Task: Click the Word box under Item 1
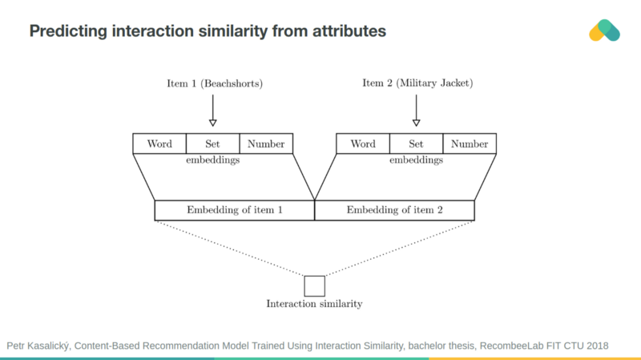159,144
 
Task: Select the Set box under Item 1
212,144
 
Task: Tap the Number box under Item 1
266,144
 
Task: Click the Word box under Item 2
363,144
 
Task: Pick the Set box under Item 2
416,144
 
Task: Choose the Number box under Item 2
470,144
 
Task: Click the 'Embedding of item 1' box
235,210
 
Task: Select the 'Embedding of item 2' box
394,210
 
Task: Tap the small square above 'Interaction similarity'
314,286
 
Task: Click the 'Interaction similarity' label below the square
314,304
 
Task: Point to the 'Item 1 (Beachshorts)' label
212,83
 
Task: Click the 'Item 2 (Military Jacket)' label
416,83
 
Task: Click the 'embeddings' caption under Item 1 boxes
212,160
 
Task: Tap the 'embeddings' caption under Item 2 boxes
416,160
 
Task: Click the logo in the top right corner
604,30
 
